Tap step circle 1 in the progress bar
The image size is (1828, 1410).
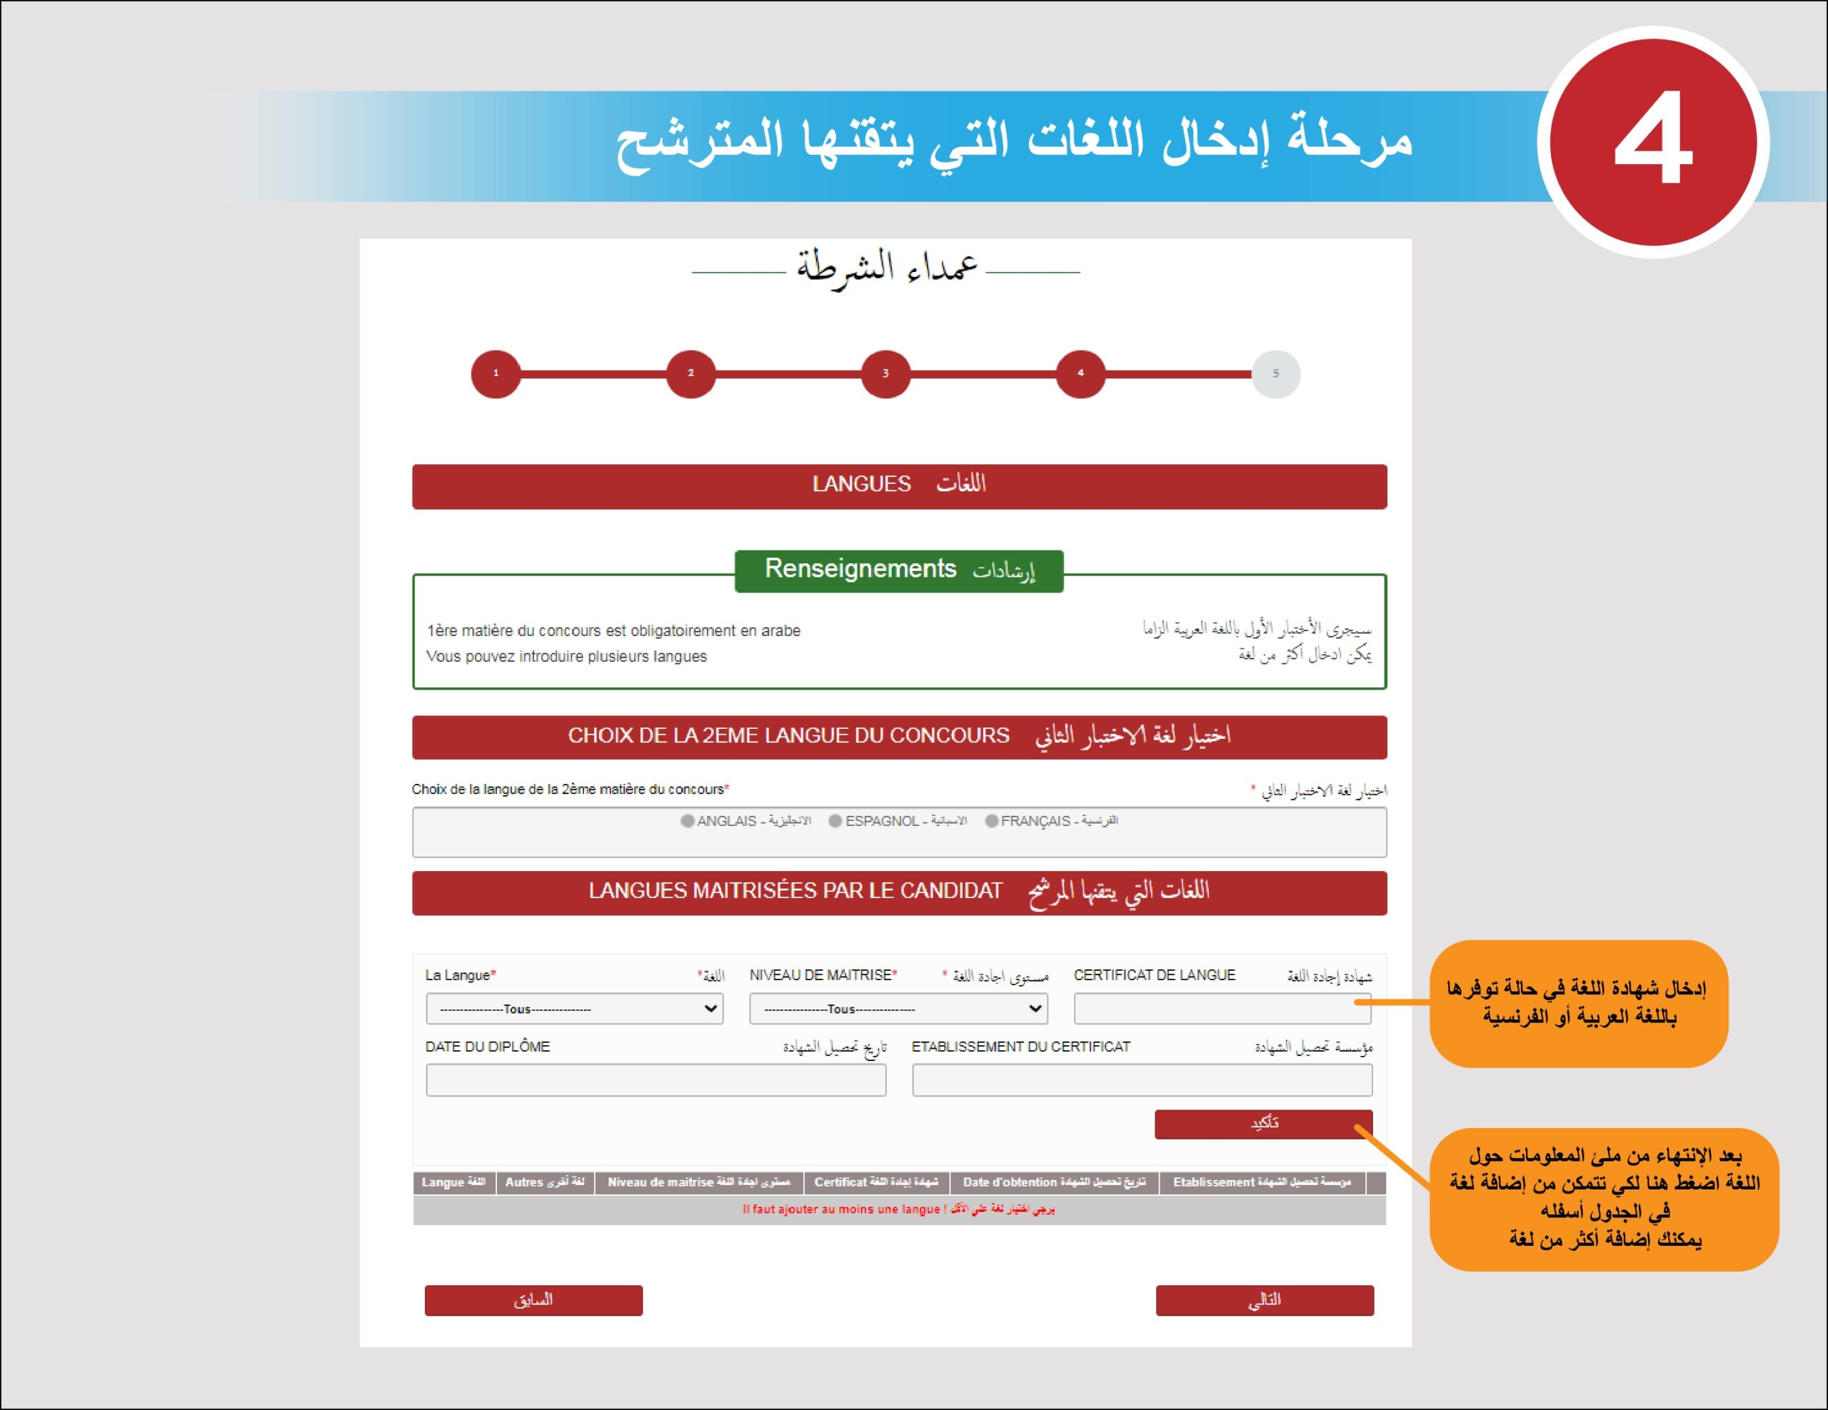pos(496,373)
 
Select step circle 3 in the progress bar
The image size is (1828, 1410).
pos(885,373)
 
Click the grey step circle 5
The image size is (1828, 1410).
pos(1275,373)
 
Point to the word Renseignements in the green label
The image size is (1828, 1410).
pos(860,569)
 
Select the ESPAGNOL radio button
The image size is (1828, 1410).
pos(835,821)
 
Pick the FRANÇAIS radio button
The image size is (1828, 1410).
pos(992,821)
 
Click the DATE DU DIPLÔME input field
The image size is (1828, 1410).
pos(656,1080)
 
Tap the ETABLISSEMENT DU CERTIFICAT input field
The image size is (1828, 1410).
pos(1142,1080)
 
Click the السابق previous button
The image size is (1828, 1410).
pos(533,1300)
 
